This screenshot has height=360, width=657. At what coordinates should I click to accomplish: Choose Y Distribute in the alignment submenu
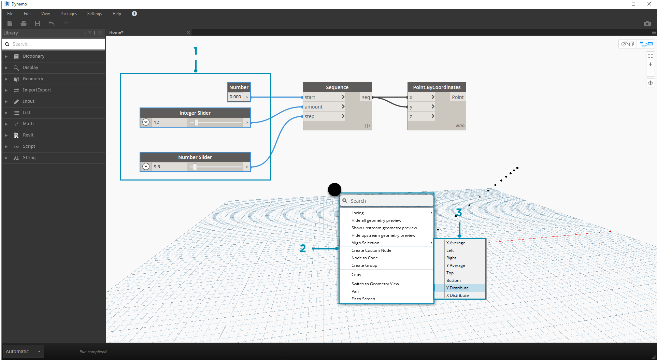tap(457, 288)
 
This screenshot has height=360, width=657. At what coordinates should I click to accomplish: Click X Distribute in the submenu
tap(457, 296)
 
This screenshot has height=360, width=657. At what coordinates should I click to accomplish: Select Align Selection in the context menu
tap(365, 243)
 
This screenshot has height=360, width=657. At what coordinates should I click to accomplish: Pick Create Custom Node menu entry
tap(371, 250)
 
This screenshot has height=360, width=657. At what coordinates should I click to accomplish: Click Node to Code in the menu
tap(365, 258)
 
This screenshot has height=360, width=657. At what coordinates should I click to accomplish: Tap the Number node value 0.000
tap(235, 97)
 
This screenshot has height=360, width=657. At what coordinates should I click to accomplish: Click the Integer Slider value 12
tap(156, 123)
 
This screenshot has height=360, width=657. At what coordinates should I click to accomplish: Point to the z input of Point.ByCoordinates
tap(411, 116)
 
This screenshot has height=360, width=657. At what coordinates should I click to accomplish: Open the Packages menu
tap(69, 14)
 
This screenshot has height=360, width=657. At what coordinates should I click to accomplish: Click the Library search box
tap(55, 44)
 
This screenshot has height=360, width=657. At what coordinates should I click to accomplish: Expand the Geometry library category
tap(33, 79)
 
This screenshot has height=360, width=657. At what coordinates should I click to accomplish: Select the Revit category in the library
tap(28, 135)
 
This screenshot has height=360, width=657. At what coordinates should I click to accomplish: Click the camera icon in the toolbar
tap(647, 24)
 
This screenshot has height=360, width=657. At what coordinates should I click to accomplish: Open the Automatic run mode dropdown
tap(23, 351)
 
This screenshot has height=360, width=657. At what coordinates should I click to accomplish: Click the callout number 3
tap(459, 213)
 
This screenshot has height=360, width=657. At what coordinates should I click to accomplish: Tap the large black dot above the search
tap(334, 189)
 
